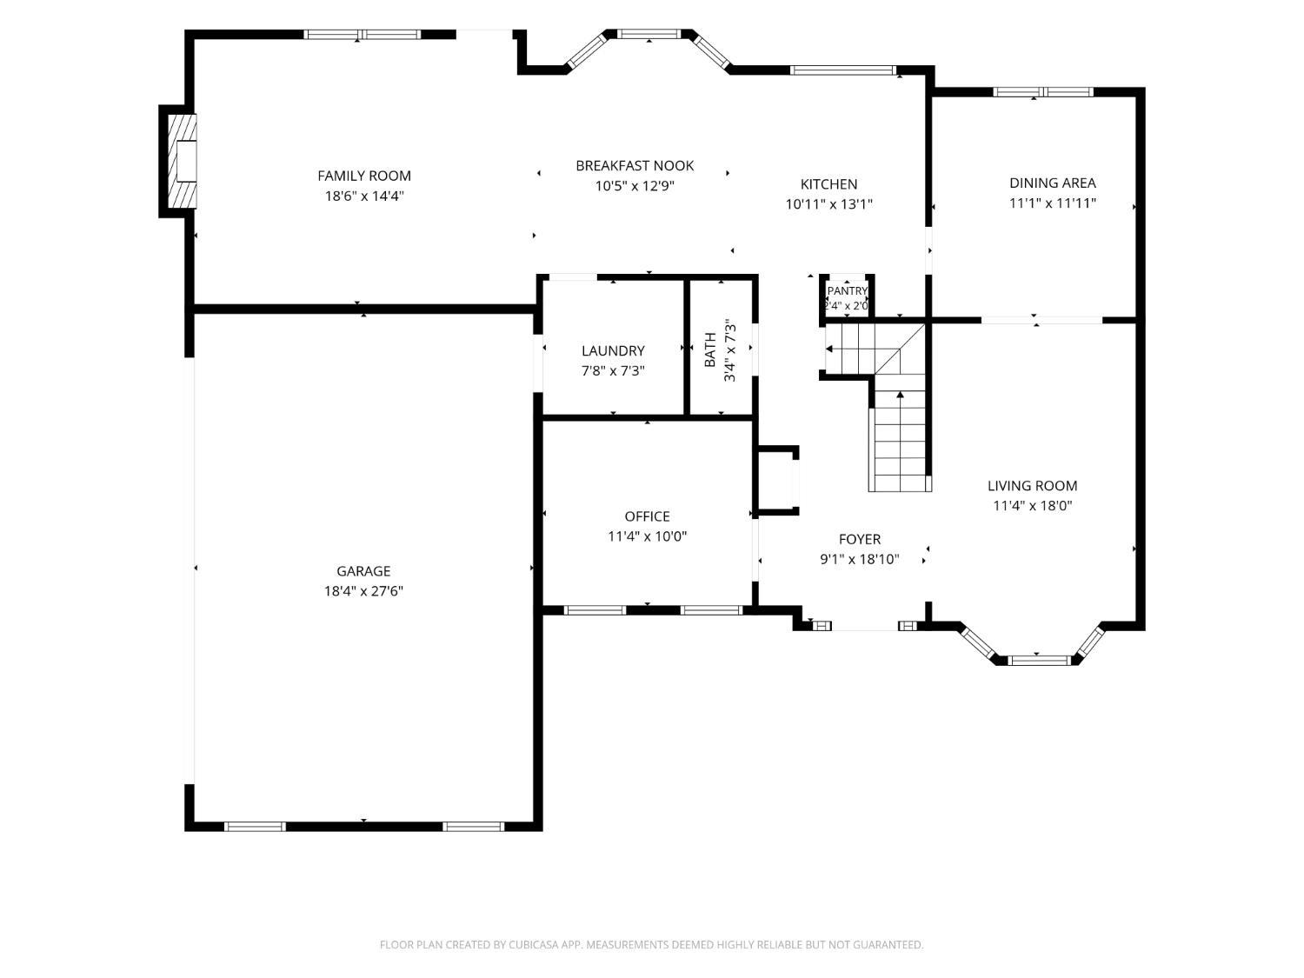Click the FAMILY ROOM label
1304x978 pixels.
tap(363, 176)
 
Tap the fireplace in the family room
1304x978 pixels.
tap(183, 161)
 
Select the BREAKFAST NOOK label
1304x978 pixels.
tap(635, 166)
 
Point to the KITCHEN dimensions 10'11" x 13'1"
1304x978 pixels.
tap(828, 204)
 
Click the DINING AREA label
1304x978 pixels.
tap(1052, 183)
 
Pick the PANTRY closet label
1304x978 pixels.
tap(847, 291)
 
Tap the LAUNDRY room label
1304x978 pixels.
tap(613, 351)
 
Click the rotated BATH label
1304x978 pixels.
tap(710, 349)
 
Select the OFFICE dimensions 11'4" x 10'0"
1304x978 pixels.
tap(647, 536)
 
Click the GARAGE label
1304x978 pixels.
tap(363, 571)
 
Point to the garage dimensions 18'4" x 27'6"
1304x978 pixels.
tap(363, 591)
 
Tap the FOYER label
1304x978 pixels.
tap(860, 539)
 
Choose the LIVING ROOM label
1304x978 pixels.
tap(1032, 486)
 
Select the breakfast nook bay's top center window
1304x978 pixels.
tap(649, 35)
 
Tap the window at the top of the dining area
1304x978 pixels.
tap(1042, 92)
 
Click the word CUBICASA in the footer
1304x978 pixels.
tap(534, 945)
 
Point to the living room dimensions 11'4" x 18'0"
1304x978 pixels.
tap(1033, 506)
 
